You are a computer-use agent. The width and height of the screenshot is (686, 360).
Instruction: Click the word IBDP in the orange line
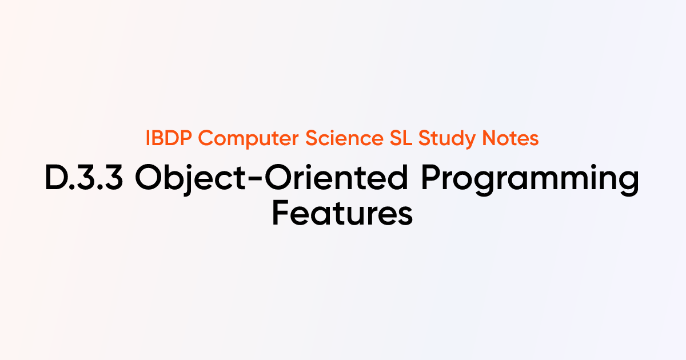pyautogui.click(x=169, y=138)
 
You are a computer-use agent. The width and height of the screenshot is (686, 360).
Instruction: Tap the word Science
pyautogui.click(x=344, y=138)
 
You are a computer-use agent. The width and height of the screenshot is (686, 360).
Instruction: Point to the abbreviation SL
pyautogui.click(x=401, y=138)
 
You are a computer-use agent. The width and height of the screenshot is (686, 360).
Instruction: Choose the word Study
pyautogui.click(x=447, y=139)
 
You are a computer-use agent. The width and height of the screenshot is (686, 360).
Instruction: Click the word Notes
pyautogui.click(x=510, y=138)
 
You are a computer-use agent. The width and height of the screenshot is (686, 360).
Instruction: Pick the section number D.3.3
pyautogui.click(x=84, y=177)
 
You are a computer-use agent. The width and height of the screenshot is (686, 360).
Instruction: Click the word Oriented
pyautogui.click(x=336, y=177)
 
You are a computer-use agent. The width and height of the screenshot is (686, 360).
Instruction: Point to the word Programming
pyautogui.click(x=530, y=179)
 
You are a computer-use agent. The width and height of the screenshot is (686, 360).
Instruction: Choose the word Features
pyautogui.click(x=342, y=213)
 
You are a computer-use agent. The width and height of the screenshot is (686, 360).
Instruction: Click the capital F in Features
pyautogui.click(x=280, y=213)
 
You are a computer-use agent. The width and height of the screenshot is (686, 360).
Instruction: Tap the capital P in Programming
pyautogui.click(x=432, y=177)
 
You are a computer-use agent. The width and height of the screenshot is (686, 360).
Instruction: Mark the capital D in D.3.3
pyautogui.click(x=56, y=177)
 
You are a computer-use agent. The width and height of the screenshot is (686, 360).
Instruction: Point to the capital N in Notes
pyautogui.click(x=489, y=138)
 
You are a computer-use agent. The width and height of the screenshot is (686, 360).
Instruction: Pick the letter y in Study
pyautogui.click(x=468, y=142)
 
